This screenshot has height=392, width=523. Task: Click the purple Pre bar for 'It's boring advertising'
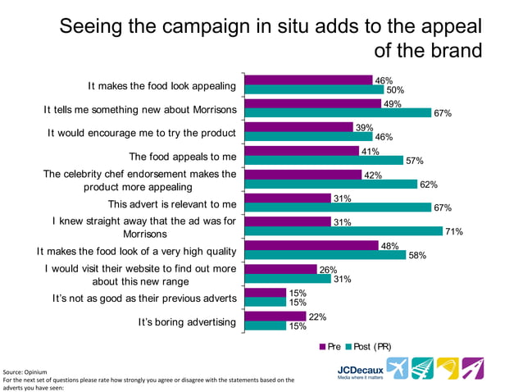click(x=275, y=317)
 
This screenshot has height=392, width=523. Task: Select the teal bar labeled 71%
click(x=343, y=231)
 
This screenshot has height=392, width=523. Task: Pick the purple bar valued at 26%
click(x=280, y=269)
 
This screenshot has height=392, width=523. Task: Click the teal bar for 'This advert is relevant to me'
click(x=339, y=207)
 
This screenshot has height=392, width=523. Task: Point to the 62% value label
click(x=428, y=185)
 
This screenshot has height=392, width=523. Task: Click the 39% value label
click(x=364, y=128)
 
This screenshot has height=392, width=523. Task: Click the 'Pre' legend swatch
click(x=322, y=347)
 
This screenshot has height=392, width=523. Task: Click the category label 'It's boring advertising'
click(x=187, y=322)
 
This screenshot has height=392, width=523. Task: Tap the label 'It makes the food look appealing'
click(x=162, y=85)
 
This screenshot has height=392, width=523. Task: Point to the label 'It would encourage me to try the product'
click(x=142, y=133)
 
